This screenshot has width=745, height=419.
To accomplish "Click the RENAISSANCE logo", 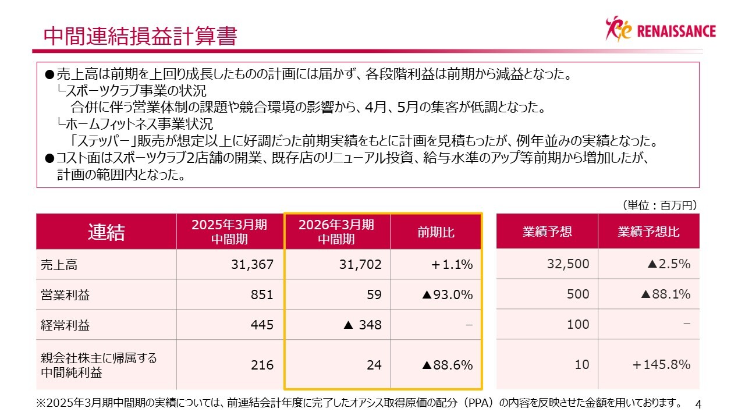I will coord(661,29).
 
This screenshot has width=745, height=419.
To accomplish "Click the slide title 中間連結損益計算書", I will coord(140,36).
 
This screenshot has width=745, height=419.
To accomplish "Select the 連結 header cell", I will coord(106,232).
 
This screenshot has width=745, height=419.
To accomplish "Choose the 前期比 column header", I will coord(436,232).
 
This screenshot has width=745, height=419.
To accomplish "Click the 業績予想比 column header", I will coord(648,232).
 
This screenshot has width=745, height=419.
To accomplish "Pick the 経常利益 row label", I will coord(65,325).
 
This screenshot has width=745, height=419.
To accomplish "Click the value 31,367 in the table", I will coord(252,265).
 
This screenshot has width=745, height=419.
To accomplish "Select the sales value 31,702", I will coord(360,265).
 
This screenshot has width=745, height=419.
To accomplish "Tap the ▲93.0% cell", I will coord(447,295).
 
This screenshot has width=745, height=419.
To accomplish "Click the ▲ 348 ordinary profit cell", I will coord(363,325).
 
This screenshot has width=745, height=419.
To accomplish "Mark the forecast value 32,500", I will coord(568,265).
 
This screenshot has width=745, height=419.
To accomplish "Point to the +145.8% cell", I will coord(661,365).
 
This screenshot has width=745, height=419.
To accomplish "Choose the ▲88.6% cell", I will coord(447,365).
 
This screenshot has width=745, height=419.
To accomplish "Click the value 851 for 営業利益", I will coord(262,295).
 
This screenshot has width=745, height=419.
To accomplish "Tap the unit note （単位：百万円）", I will coord(659,205).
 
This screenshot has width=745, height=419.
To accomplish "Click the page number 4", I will coord(699,404).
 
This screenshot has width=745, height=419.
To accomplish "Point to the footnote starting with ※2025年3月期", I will coord(359,403).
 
